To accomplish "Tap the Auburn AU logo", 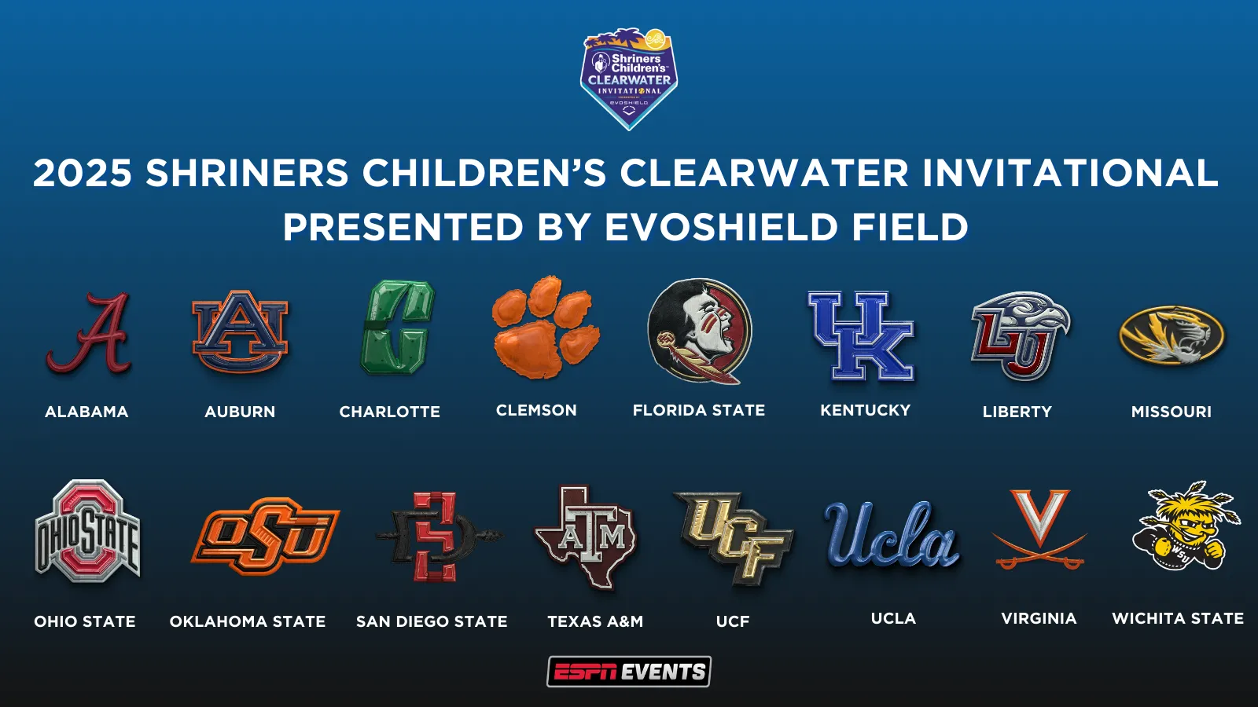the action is tap(240, 331).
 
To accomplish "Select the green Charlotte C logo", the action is tap(398, 328).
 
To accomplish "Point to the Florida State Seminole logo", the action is tap(699, 331).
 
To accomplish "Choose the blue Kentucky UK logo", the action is tap(862, 335).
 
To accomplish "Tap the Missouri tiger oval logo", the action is tap(1172, 335).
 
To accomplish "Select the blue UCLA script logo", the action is tap(892, 535).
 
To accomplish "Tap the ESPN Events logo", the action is tap(629, 672).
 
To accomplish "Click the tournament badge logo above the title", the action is tap(629, 79).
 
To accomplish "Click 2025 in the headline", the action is tap(83, 173).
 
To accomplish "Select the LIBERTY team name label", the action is tap(1017, 412).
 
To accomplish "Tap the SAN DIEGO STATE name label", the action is tap(432, 621).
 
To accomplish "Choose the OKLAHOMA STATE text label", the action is tap(248, 621).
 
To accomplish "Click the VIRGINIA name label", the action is tap(1039, 618).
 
